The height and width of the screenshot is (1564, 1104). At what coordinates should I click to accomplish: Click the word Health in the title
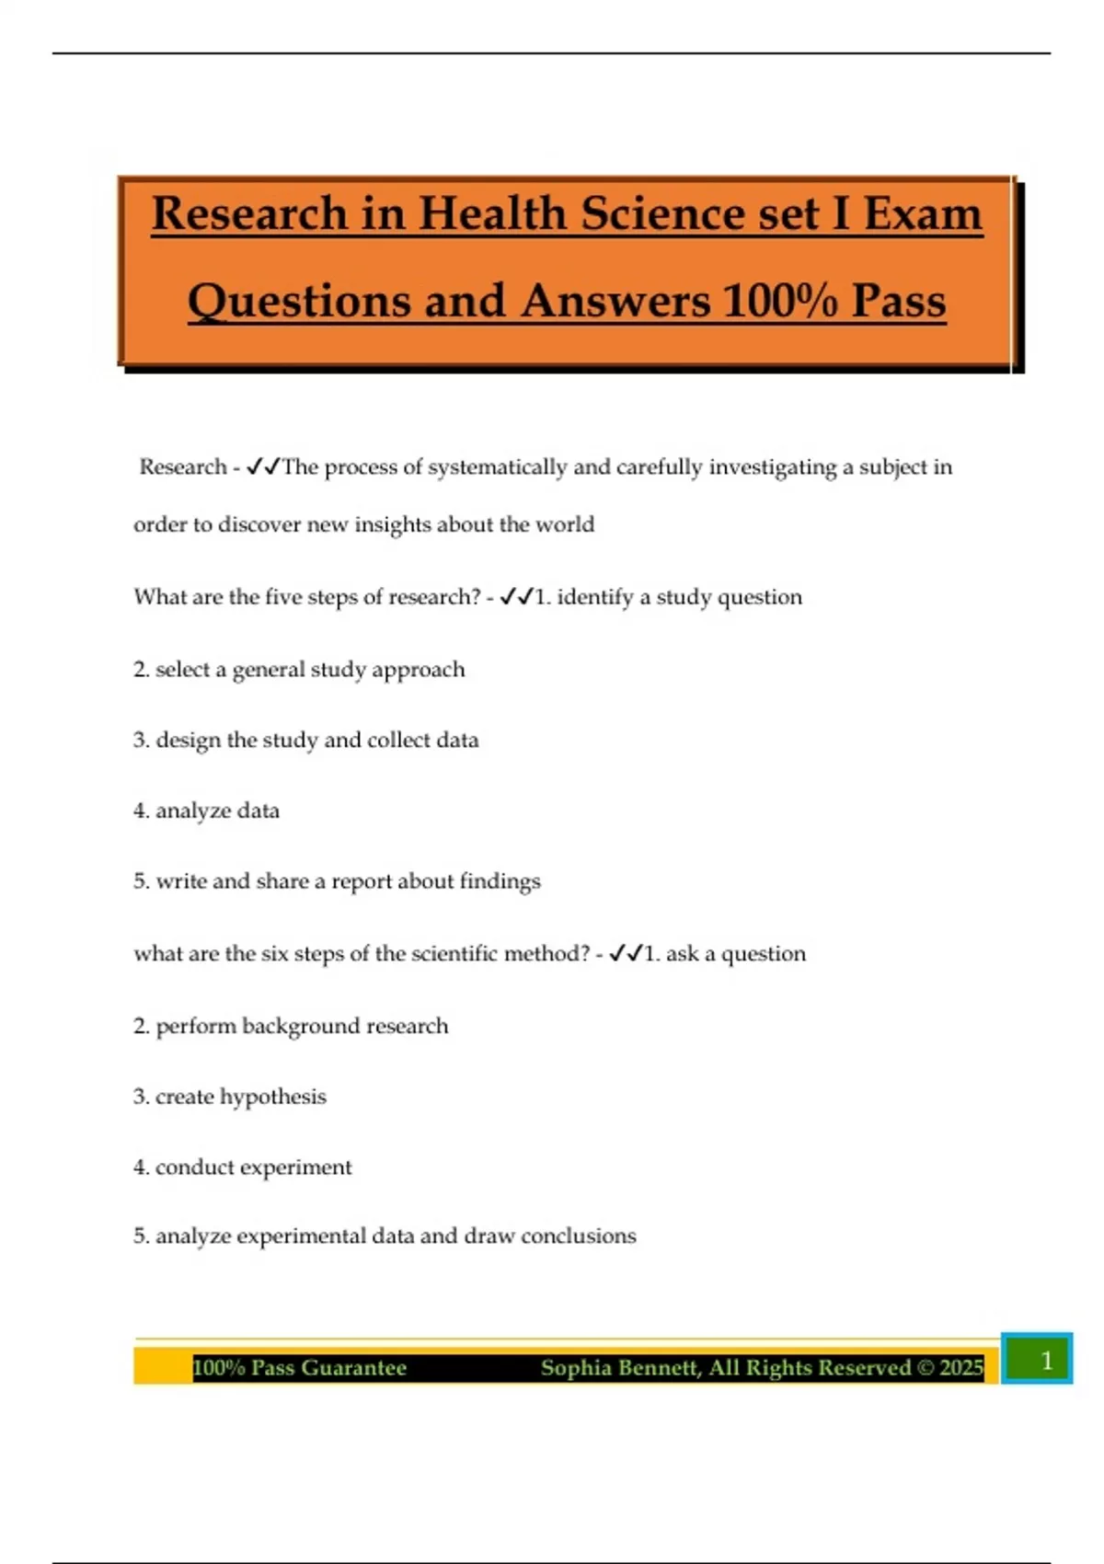(491, 213)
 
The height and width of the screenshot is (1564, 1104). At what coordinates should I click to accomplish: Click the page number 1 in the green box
(1045, 1360)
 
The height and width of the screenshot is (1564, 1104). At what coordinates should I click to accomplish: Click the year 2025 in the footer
(961, 1368)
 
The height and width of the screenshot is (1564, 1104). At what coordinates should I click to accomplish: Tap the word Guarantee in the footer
(353, 1368)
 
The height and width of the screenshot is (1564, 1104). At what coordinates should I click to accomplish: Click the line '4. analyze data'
(206, 811)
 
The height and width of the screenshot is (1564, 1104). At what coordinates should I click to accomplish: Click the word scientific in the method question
(454, 954)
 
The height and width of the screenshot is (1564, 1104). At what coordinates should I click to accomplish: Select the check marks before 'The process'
(263, 467)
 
